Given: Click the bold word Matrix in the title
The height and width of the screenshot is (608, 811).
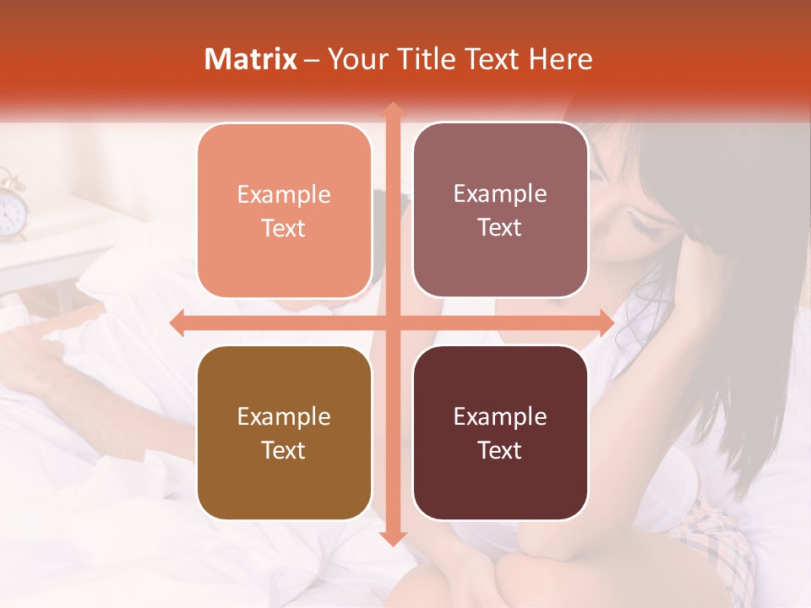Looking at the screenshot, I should coord(251,59).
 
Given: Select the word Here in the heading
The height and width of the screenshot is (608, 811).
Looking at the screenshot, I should coord(560,59).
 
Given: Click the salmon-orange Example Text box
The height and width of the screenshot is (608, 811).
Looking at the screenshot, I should coord(284,211).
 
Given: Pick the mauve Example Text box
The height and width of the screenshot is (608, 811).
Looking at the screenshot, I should coord(500,210).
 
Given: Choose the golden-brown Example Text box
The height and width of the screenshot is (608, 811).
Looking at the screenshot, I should coord(284,433).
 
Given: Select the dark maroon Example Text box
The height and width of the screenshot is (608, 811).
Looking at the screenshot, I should coord(500,433).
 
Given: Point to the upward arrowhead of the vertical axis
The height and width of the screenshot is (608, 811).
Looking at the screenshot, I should coord(392,109).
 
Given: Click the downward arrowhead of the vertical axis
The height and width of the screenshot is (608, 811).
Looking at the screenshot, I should coord(392,538).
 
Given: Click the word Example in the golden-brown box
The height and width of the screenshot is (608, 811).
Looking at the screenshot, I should coord(284,416).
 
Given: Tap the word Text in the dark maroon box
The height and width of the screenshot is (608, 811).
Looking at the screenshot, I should coord(500,450).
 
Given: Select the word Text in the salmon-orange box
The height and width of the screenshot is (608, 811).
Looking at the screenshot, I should coord(284,228).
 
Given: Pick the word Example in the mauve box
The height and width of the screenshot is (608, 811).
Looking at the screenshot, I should coord(500,193).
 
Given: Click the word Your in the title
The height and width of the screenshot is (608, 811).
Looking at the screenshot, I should coord(357,59).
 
